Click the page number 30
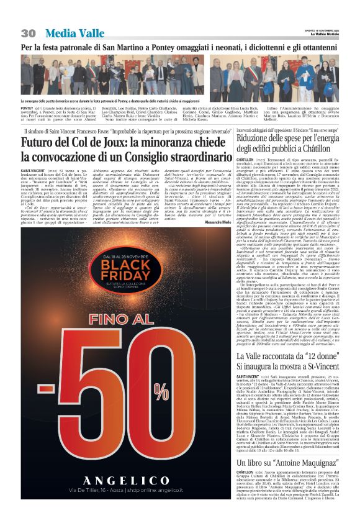click(x=27, y=33)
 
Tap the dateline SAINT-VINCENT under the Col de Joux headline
click(x=32, y=170)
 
